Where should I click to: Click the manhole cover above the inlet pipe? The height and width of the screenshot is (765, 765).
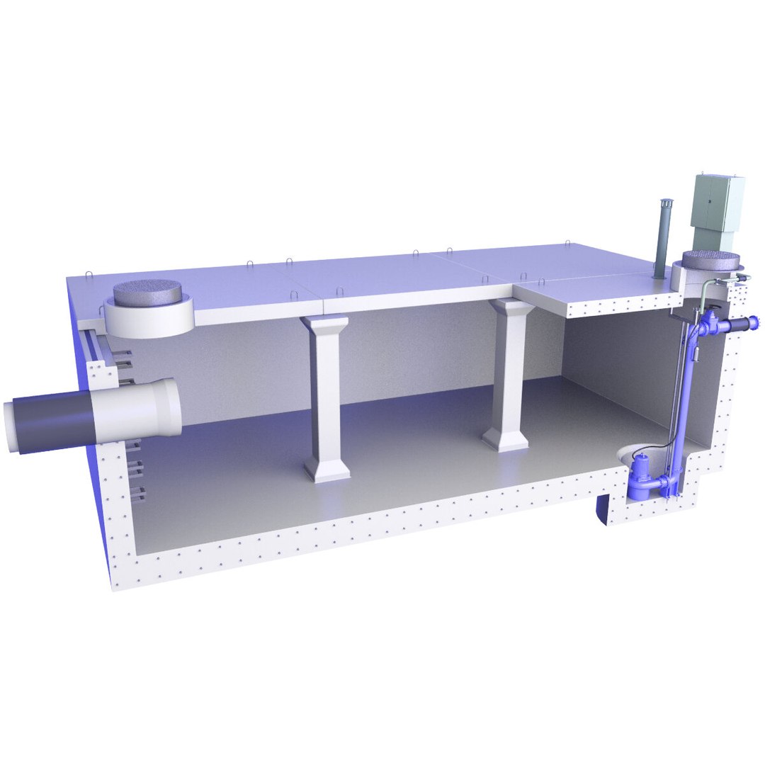(149, 291)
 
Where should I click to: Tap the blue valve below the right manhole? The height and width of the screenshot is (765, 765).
(711, 327)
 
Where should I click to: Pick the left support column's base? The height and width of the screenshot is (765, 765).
(327, 469)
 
